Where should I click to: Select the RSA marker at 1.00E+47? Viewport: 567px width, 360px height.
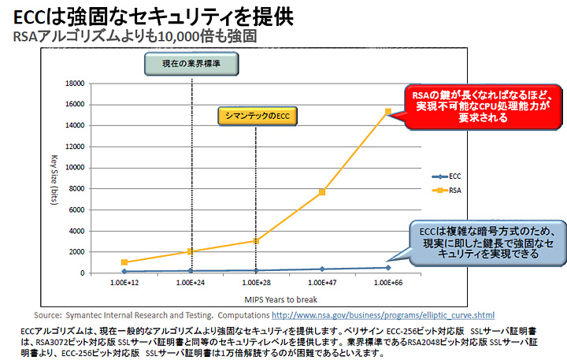tap(321, 191)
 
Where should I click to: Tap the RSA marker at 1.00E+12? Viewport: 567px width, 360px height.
tap(124, 262)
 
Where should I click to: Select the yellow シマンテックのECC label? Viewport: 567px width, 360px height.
tap(254, 117)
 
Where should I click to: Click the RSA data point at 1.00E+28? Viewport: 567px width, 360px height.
tap(256, 240)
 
